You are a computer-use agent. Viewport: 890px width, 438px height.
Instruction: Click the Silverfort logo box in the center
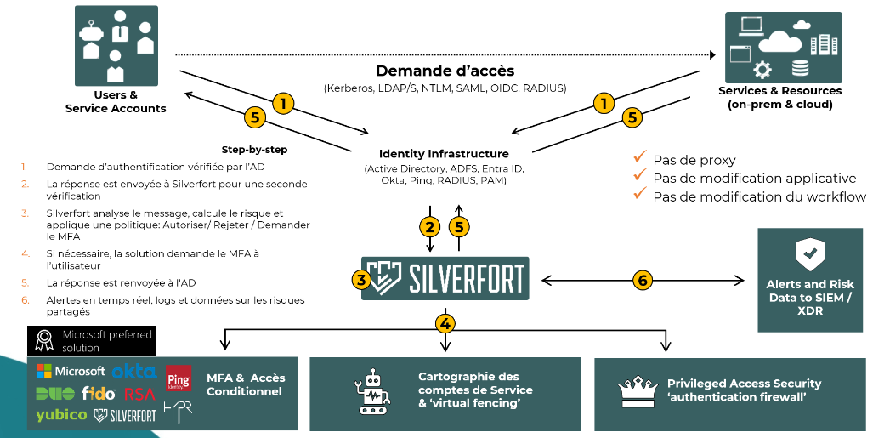pos(445,278)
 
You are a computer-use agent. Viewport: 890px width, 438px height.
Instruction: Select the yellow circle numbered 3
pos(361,279)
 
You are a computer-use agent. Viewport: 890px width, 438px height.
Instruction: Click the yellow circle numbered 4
pos(445,323)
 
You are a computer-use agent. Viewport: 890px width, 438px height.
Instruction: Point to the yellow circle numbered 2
pos(429,227)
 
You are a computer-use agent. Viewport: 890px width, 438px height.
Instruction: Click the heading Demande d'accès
pos(445,71)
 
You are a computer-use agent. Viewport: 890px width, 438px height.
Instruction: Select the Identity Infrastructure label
pos(444,153)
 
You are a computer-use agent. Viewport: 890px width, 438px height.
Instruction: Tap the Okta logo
pos(134,373)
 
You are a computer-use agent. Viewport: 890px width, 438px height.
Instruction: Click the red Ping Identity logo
pos(179,378)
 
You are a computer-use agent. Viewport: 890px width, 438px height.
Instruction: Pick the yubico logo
pos(61,415)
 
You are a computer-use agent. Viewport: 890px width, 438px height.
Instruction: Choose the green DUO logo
pos(55,393)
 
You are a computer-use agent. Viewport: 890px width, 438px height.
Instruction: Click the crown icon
pos(637,391)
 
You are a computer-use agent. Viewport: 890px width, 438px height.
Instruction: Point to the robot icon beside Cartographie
pos(371,392)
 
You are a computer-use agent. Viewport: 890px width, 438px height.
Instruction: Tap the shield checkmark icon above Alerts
pos(810,254)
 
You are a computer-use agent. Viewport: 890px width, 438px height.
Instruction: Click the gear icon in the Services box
pos(762,70)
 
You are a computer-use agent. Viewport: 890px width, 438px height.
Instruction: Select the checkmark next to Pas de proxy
pos(640,156)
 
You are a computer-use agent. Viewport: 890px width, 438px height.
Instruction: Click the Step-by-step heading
pos(254,150)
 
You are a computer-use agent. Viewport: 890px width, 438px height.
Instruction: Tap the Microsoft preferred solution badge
pos(92,341)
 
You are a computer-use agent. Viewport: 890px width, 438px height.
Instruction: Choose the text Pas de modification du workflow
pos(759,196)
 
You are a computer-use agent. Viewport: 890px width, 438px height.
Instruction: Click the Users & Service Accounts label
pos(116,102)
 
